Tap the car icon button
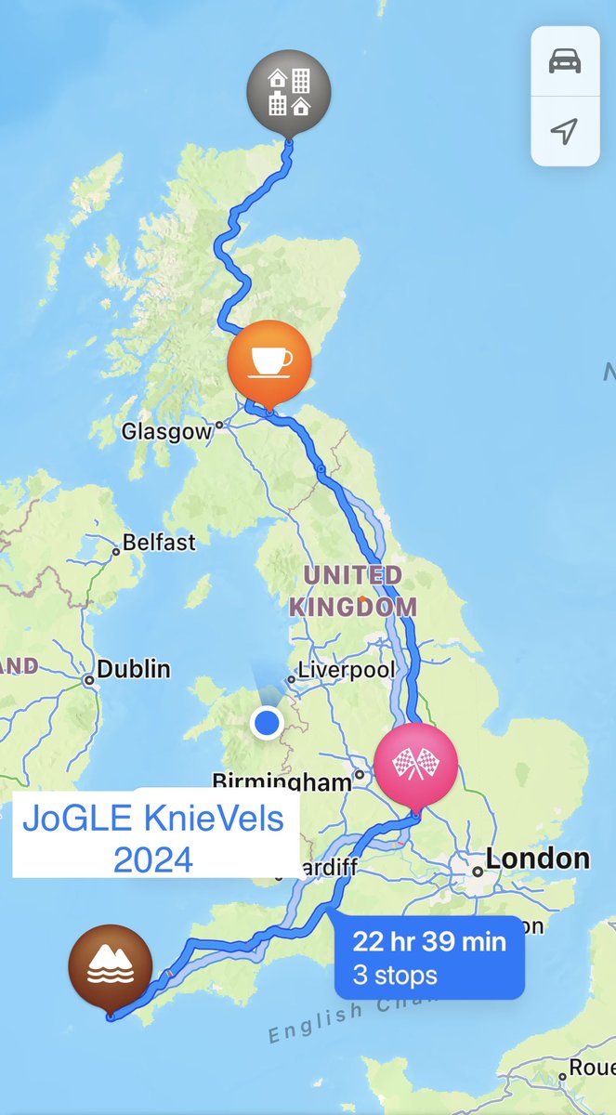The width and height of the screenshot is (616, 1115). coord(565,62)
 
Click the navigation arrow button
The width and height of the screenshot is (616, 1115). coord(565,131)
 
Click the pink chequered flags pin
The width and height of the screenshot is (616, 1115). coord(416,765)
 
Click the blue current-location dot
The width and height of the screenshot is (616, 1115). coord(268,722)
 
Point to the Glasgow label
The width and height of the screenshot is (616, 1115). coord(167,432)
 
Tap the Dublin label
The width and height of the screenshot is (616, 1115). coord(134,669)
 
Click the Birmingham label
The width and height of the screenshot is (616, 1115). coord(282,781)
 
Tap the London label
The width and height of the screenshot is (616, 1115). coord(538,859)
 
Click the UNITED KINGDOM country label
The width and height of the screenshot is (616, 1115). coord(352,591)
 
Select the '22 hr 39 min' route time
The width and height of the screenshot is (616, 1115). coord(429,941)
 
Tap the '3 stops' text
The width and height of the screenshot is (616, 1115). coord(395,976)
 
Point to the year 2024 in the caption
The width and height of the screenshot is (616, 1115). coord(153,859)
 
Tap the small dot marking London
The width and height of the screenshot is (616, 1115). coord(477,872)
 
